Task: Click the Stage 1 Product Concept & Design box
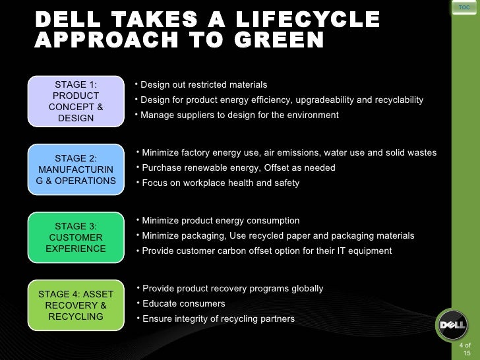pyautogui.click(x=76, y=102)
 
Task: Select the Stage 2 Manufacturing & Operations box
pyautogui.click(x=76, y=169)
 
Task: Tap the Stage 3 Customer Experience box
pyautogui.click(x=76, y=237)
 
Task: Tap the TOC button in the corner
pyautogui.click(x=464, y=7)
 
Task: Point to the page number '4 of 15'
pyautogui.click(x=465, y=349)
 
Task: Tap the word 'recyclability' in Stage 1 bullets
pyautogui.click(x=399, y=100)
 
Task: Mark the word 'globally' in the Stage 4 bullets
pyautogui.click(x=305, y=289)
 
